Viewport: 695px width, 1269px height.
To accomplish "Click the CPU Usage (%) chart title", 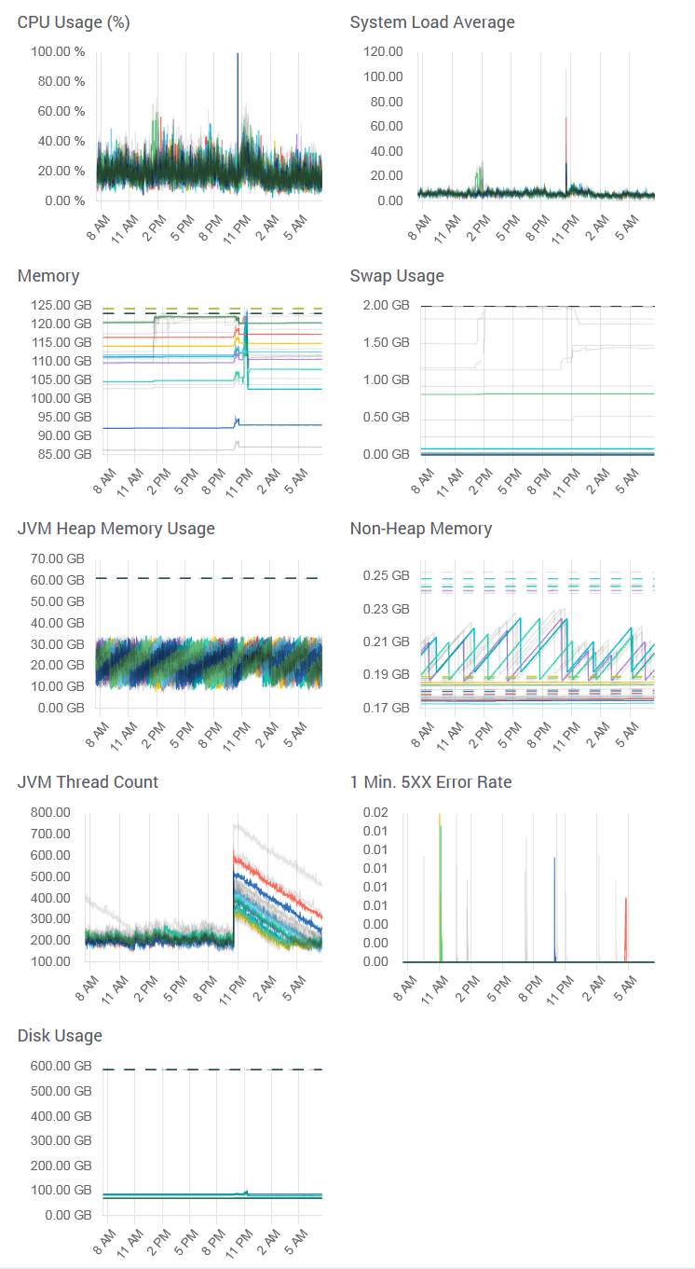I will point(74,22).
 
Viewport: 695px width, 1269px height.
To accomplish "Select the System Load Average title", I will point(431,22).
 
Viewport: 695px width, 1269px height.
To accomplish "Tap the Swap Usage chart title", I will point(397,276).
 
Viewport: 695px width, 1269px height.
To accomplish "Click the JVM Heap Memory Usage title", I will point(116,529).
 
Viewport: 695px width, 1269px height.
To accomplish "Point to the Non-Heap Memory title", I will point(420,529).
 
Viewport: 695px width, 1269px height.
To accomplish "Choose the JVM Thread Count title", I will point(88,782).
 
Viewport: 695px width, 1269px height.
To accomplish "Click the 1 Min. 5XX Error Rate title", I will point(430,782).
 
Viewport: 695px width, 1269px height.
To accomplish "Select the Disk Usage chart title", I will point(60,1036).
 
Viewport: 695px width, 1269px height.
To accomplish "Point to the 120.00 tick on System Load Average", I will point(382,51).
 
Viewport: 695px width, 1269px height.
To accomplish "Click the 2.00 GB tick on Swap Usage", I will point(386,305).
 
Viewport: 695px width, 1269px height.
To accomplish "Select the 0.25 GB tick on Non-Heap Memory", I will point(386,575).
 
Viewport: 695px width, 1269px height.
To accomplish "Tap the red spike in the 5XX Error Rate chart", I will point(625,928).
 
